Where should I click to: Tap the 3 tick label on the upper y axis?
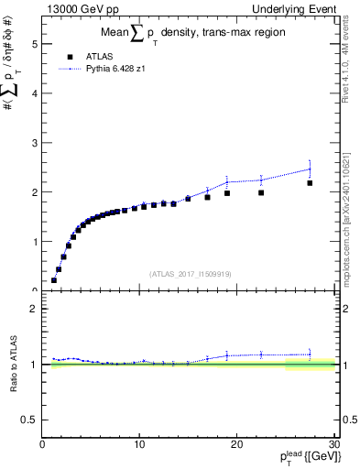[x=36, y=143]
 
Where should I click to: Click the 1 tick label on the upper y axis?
[x=36, y=242]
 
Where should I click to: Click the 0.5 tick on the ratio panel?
[x=31, y=420]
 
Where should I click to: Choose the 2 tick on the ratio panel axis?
[x=36, y=309]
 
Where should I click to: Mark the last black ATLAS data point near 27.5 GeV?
[x=310, y=183]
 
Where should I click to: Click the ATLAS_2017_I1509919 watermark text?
[x=188, y=273]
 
